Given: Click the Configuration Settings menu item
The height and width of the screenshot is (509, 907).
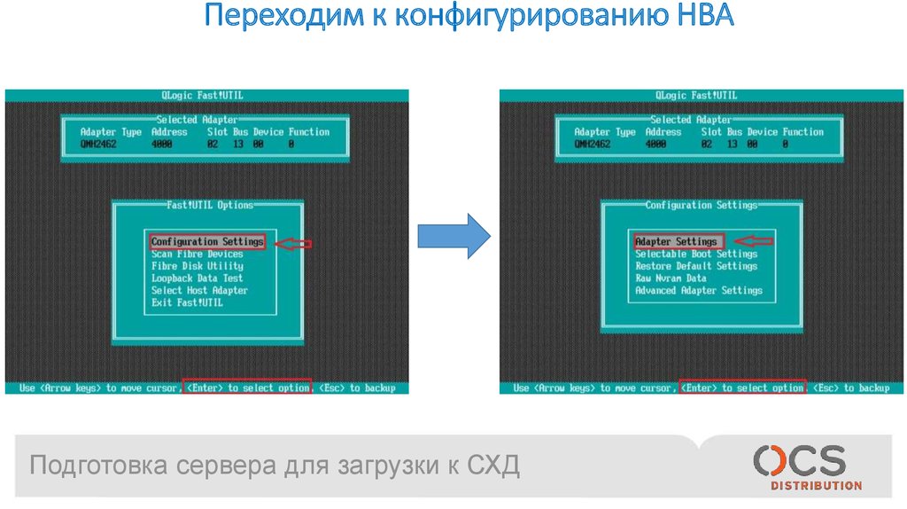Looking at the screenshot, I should click(207, 241).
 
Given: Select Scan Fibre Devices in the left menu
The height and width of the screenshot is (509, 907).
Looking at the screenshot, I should click(197, 254).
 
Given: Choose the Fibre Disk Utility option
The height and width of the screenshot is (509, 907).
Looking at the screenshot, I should click(197, 266).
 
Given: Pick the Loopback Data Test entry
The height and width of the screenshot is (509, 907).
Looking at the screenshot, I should click(197, 278).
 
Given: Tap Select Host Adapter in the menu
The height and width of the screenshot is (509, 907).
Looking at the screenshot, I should click(199, 290).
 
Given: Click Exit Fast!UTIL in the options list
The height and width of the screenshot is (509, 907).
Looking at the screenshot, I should click(187, 302).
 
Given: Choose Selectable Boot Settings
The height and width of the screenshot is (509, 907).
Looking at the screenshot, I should click(695, 254).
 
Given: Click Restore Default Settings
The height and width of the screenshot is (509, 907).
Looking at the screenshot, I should click(695, 266).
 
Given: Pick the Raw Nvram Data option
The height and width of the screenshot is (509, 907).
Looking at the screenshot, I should click(671, 278).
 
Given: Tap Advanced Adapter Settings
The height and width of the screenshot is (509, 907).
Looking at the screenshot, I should click(698, 290).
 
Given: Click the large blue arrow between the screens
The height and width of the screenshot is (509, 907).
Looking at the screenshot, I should click(453, 236).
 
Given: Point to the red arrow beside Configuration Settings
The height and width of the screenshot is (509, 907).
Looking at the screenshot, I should click(296, 243).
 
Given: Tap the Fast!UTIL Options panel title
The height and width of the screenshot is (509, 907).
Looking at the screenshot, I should click(210, 205).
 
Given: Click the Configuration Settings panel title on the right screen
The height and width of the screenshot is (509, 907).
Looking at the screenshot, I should click(701, 205).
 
